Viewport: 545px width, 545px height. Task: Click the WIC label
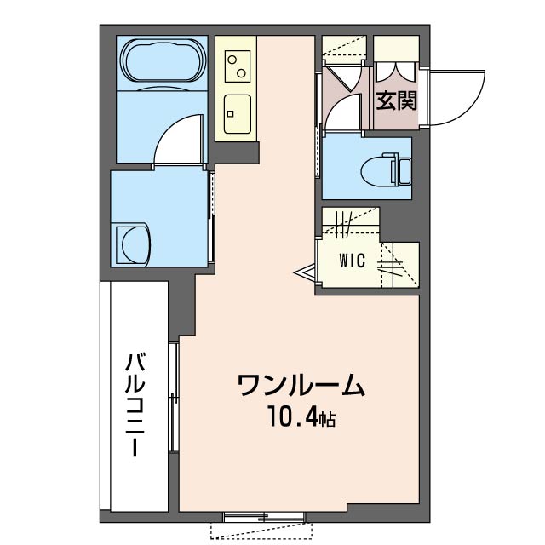(356, 261)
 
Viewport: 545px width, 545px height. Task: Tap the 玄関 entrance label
(396, 101)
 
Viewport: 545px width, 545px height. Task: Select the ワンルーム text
(301, 386)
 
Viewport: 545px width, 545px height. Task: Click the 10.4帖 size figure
(301, 418)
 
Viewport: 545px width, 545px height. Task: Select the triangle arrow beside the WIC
(304, 272)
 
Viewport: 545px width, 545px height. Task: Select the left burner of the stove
(231, 60)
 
